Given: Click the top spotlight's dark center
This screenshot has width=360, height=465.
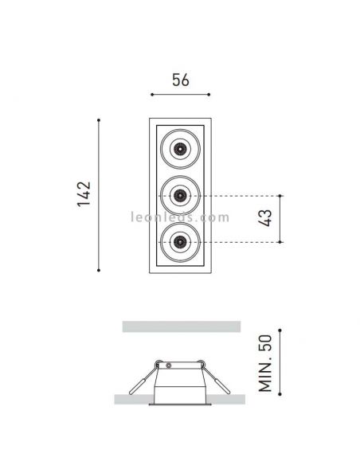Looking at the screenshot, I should (180, 148).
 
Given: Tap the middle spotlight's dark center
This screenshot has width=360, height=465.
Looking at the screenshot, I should (180, 194).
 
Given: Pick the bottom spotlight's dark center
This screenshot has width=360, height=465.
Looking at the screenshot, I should (180, 240).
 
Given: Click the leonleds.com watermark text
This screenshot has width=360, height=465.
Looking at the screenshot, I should (180, 217).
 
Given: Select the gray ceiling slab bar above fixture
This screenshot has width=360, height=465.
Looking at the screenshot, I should (180, 326).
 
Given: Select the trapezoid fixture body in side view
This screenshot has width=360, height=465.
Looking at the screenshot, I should (180, 381).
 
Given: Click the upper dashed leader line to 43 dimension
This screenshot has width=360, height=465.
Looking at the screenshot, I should (239, 194).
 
